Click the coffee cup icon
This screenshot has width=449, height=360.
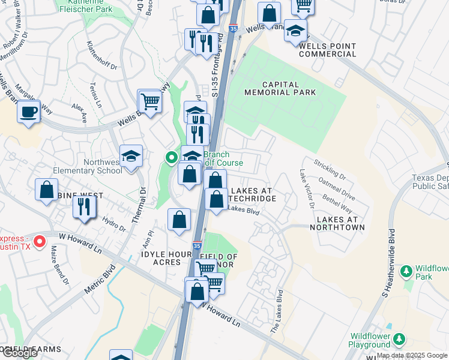point(28,111)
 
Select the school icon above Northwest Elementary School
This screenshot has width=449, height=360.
point(131,156)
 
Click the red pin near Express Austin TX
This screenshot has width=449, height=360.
point(40,242)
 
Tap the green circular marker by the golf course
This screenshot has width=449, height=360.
point(171,158)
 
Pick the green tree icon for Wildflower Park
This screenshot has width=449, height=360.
point(406,272)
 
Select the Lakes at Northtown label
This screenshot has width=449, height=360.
point(337,224)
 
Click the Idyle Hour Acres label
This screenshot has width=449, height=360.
point(161,259)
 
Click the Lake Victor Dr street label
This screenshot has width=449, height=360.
point(305,189)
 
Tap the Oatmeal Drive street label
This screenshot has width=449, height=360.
point(337,187)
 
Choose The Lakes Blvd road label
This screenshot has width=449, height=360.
point(277,313)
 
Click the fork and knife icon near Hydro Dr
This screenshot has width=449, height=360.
point(83,206)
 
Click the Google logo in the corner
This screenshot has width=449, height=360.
point(19,353)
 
